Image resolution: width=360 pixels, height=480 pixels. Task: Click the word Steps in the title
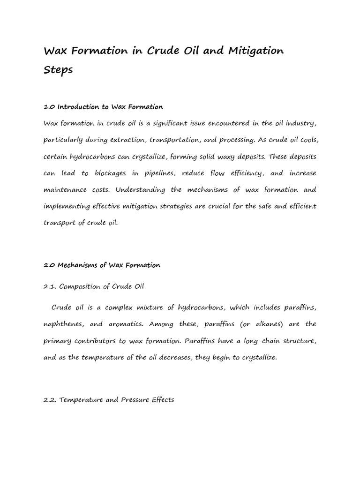point(58,69)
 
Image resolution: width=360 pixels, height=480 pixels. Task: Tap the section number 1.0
point(49,107)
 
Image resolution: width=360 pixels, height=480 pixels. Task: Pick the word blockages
point(110,173)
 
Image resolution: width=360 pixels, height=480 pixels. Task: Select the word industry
point(300,123)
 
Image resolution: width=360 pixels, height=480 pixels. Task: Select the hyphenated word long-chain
point(254,340)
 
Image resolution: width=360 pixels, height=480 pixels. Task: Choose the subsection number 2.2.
point(51,400)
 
